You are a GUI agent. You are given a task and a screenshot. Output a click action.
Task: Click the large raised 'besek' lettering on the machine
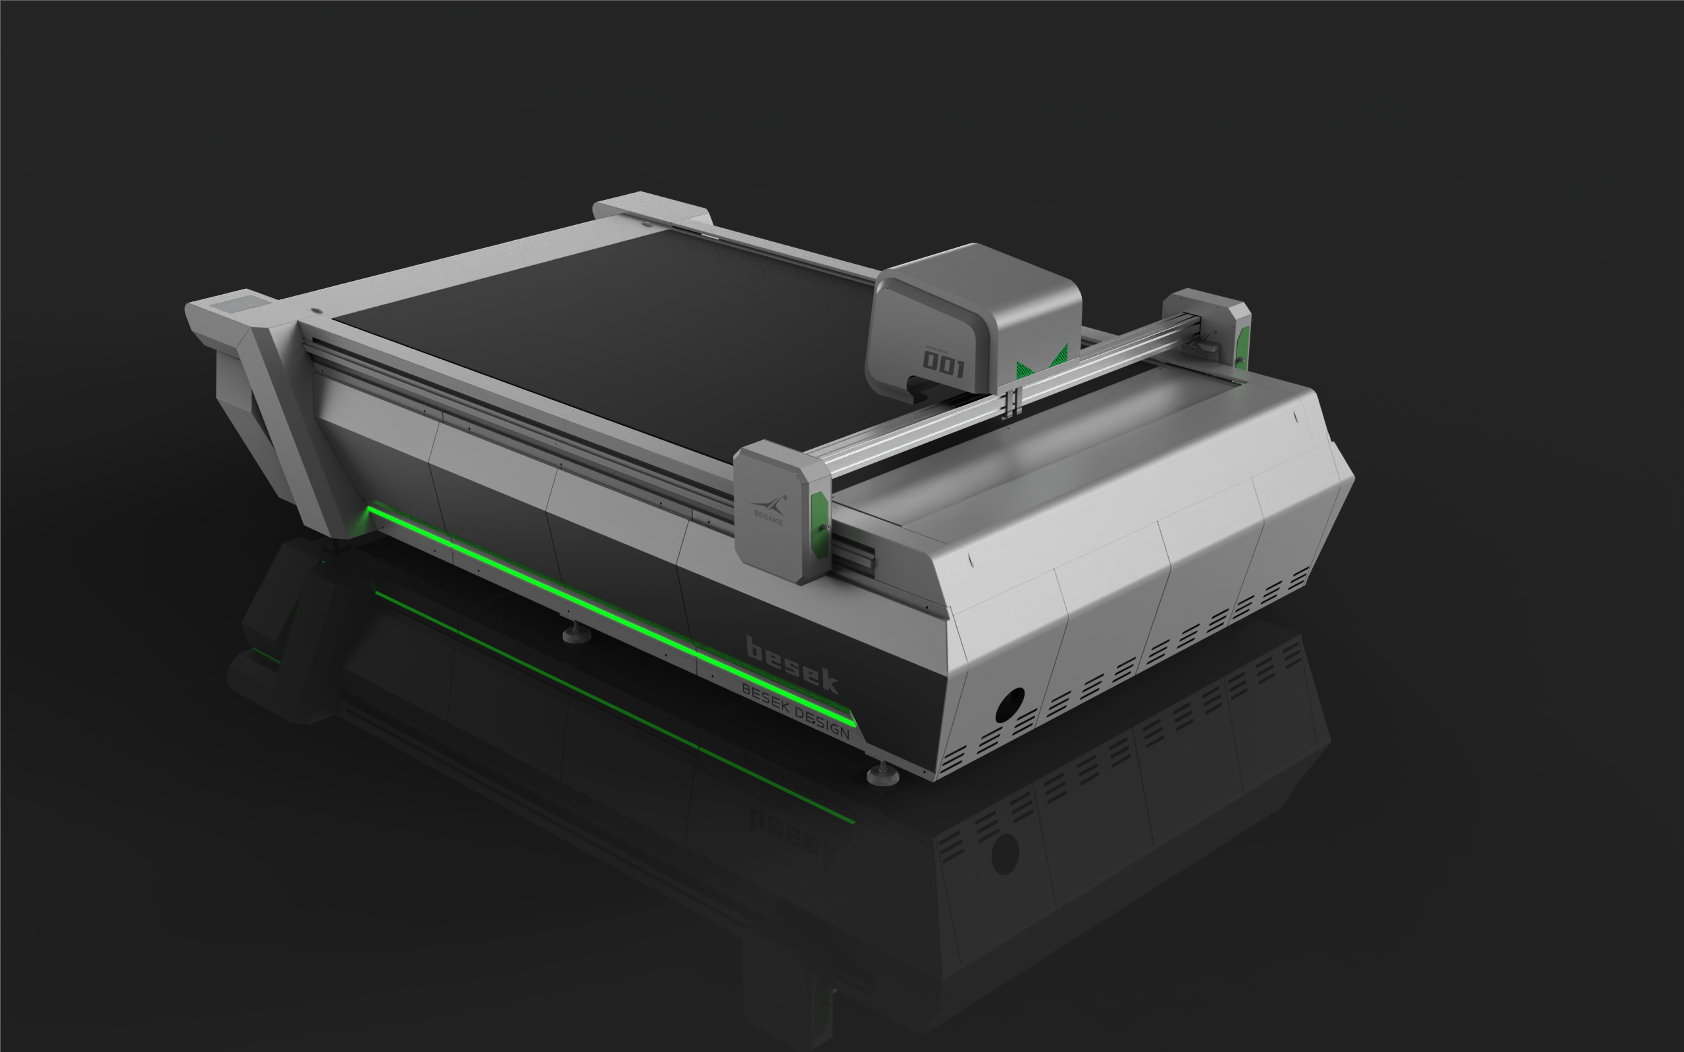(x=791, y=664)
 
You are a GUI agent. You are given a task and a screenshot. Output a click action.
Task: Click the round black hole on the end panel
(x=1009, y=705)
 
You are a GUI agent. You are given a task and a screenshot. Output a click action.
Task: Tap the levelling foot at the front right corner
(x=882, y=774)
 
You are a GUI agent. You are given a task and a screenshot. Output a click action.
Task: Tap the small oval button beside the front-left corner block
(x=316, y=311)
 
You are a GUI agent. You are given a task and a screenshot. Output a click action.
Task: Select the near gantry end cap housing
(x=779, y=511)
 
